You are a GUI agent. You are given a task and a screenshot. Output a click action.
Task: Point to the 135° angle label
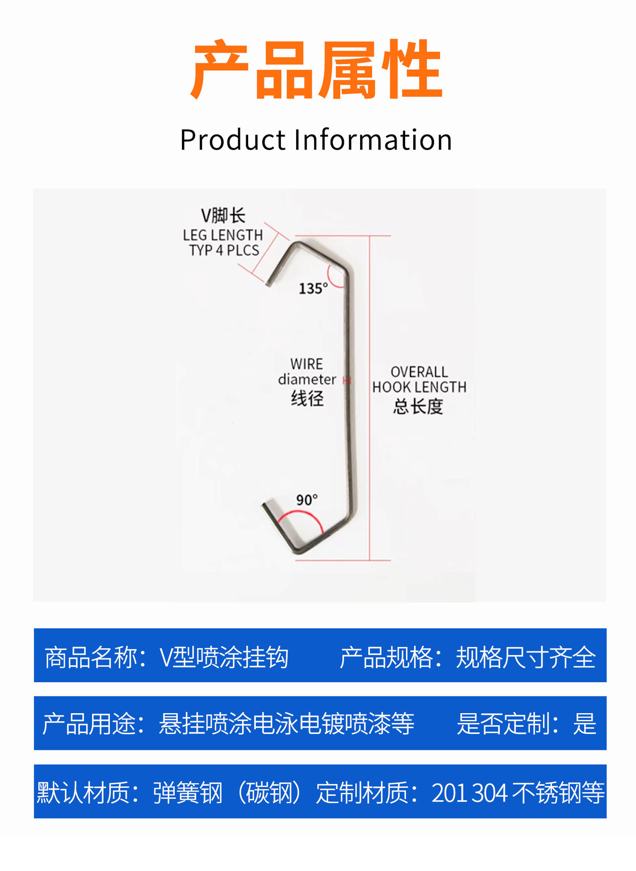(313, 289)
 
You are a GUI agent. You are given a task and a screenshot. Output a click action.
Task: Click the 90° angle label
(307, 500)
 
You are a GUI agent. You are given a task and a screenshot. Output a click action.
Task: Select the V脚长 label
(223, 215)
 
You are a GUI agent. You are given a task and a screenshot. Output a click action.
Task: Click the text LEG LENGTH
(223, 235)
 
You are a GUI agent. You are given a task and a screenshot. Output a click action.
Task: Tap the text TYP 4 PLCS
(224, 250)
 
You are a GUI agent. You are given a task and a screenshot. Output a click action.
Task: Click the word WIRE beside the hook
(307, 364)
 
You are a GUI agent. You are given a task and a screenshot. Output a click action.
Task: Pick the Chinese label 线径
(307, 398)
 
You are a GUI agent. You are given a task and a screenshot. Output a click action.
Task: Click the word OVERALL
(419, 372)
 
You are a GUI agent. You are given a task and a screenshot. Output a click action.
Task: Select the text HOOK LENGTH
(419, 387)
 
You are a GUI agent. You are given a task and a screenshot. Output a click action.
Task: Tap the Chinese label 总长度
(418, 406)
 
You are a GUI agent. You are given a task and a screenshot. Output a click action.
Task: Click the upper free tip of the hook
(269, 284)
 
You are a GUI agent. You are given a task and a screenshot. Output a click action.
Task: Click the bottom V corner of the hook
(298, 551)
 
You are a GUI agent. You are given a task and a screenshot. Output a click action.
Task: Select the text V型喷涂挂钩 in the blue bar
(224, 657)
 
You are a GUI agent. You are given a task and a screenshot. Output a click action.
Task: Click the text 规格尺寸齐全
(525, 657)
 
